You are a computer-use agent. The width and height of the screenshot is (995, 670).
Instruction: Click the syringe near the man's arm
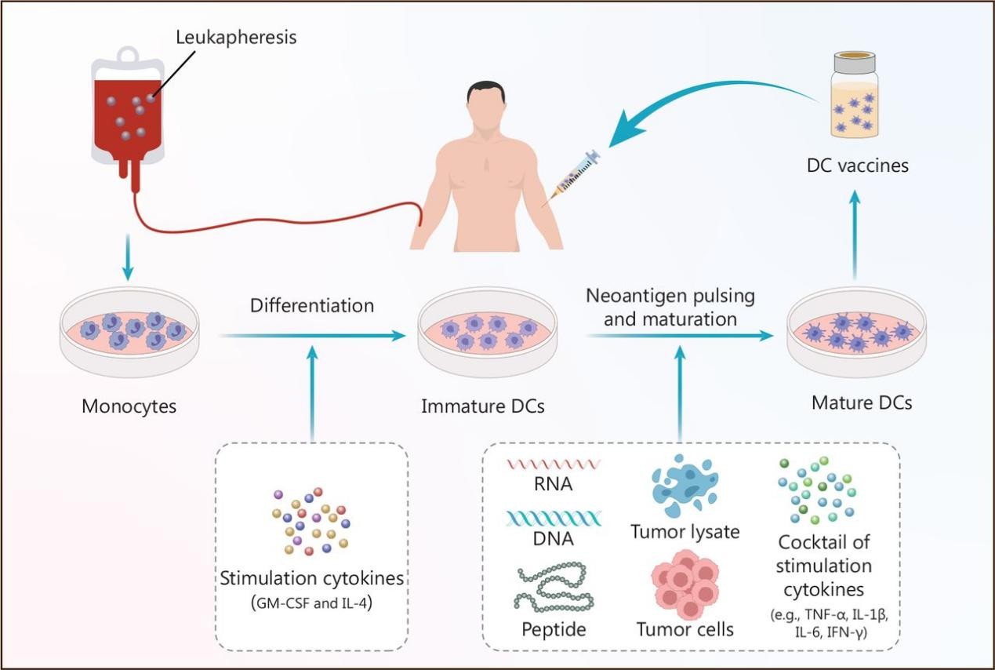(x=576, y=173)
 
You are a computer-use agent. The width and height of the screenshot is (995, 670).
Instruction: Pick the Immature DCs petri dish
(x=488, y=334)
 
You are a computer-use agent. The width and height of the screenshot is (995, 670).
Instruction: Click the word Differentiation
(x=311, y=305)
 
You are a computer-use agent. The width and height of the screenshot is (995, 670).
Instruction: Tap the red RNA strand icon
(x=554, y=464)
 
